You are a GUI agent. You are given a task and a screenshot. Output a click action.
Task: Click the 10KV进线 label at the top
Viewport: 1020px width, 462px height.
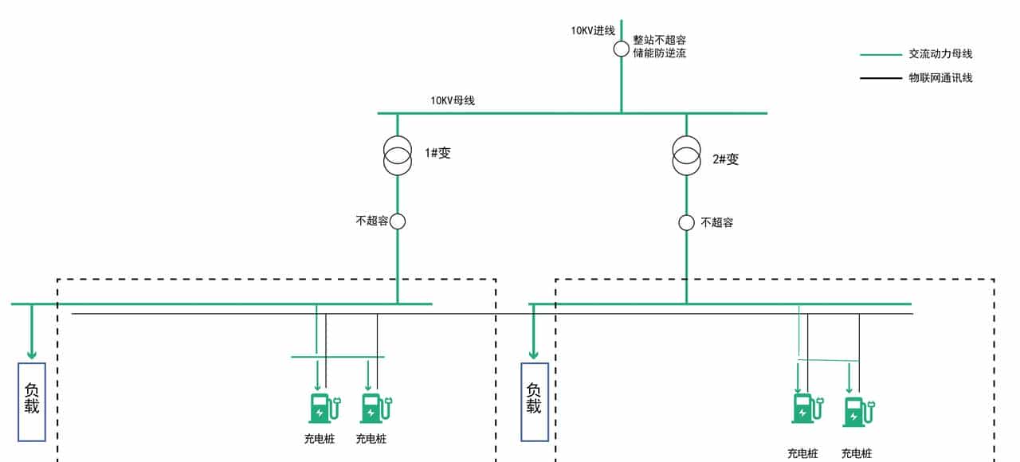click(x=592, y=31)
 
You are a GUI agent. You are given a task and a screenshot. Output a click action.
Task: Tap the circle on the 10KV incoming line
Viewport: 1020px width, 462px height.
click(x=622, y=49)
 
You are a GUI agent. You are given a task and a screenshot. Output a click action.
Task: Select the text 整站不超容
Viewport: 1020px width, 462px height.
click(x=660, y=39)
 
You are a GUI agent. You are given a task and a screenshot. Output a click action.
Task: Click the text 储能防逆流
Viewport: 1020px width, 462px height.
click(x=660, y=53)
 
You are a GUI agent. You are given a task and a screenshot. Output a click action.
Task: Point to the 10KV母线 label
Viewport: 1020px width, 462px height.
click(x=453, y=101)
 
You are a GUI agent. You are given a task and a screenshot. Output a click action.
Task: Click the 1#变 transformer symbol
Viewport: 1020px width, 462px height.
click(x=398, y=155)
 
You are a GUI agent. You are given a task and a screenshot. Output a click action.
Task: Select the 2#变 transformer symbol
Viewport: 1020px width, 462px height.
click(x=686, y=155)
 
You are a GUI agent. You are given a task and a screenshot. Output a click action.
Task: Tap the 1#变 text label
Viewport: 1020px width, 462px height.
click(x=437, y=154)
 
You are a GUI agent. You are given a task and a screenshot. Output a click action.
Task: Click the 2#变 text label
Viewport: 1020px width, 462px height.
click(x=726, y=159)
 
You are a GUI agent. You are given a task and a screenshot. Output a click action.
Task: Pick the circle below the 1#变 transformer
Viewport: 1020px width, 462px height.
click(x=398, y=221)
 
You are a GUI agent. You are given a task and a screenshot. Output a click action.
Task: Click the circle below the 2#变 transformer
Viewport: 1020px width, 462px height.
click(x=686, y=222)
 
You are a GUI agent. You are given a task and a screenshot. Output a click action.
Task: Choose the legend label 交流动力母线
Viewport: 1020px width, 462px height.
click(x=941, y=55)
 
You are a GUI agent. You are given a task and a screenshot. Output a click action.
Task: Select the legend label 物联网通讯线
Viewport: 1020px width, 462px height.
click(x=941, y=78)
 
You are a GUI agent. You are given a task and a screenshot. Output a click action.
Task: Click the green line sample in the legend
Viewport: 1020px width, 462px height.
click(x=881, y=55)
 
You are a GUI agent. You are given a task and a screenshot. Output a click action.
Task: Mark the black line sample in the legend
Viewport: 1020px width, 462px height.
click(x=881, y=78)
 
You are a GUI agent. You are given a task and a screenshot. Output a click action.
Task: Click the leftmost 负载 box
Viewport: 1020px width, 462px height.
click(x=32, y=401)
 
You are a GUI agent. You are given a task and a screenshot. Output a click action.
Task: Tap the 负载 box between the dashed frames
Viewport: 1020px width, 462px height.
click(x=534, y=401)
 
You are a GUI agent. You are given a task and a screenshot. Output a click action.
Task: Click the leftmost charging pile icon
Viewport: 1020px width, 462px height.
click(x=321, y=407)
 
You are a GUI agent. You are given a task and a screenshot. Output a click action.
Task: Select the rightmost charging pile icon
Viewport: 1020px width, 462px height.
click(x=857, y=412)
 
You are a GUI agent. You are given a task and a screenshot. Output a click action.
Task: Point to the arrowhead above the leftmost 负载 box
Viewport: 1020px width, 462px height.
click(x=32, y=353)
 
